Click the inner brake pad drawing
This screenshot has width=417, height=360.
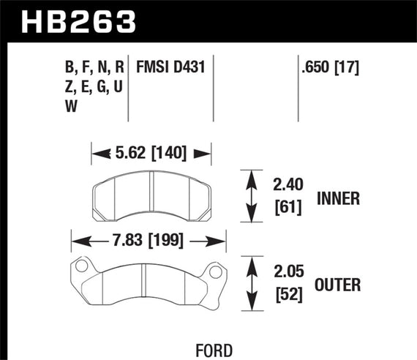(x=150, y=198)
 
